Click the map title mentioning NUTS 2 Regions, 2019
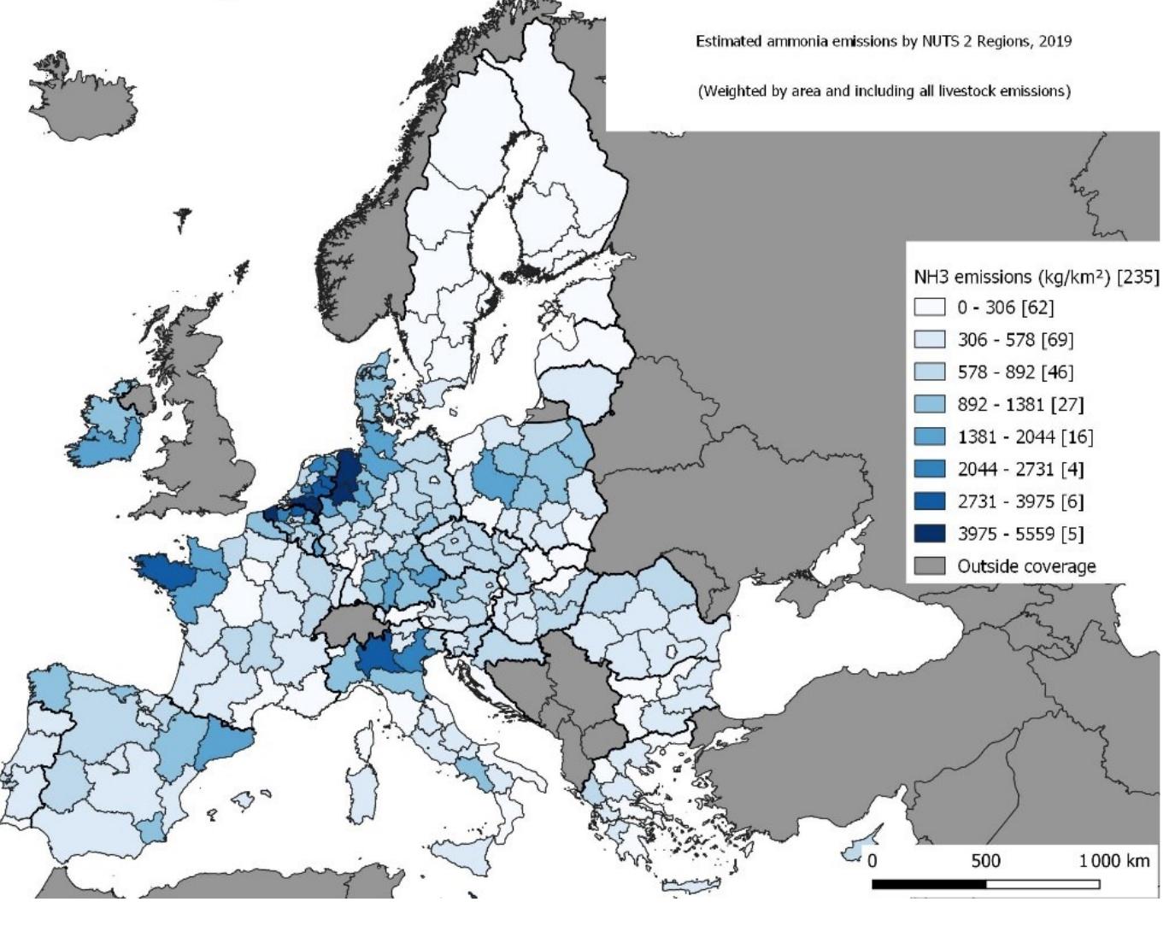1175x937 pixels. tap(883, 41)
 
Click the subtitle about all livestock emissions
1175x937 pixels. tap(884, 91)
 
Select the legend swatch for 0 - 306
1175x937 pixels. tap(930, 307)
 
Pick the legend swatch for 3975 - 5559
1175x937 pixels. tap(930, 534)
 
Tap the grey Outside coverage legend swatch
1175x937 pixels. tap(930, 566)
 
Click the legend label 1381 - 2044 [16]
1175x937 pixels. tap(1025, 436)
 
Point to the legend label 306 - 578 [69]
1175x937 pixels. tap(1014, 339)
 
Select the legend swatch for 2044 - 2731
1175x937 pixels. tap(930, 469)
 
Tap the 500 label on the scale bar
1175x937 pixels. tap(985, 860)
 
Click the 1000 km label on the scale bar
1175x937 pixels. tap(1113, 860)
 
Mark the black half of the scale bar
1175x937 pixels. tap(929, 884)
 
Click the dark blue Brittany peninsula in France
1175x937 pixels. tap(167, 571)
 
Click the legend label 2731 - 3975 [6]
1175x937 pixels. tap(1020, 501)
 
